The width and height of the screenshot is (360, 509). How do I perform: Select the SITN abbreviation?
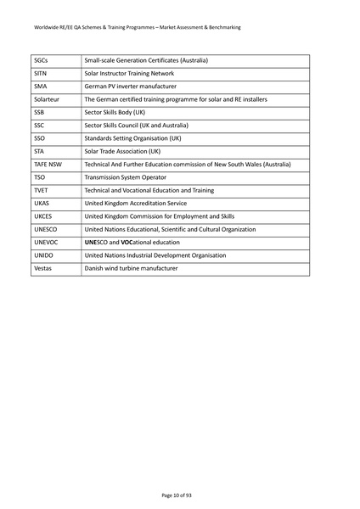pyautogui.click(x=41, y=74)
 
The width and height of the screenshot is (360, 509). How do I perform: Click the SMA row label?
pyautogui.click(x=40, y=87)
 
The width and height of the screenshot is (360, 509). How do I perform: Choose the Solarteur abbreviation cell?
pyautogui.click(x=47, y=99)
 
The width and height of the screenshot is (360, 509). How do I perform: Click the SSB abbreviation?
pyautogui.click(x=39, y=112)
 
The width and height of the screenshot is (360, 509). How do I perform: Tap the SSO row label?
pyautogui.click(x=39, y=138)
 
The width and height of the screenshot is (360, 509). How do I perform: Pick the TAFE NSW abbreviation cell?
pyautogui.click(x=48, y=165)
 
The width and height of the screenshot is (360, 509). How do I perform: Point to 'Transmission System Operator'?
pyautogui.click(x=127, y=177)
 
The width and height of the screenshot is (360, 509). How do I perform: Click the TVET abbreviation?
pyautogui.click(x=41, y=190)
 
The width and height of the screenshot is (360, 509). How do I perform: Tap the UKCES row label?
pyautogui.click(x=43, y=216)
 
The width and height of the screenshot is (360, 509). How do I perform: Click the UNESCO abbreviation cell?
pyautogui.click(x=45, y=229)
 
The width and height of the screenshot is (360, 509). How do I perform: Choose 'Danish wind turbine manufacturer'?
pyautogui.click(x=131, y=268)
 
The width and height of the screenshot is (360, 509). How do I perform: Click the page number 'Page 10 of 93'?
pyautogui.click(x=179, y=494)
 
